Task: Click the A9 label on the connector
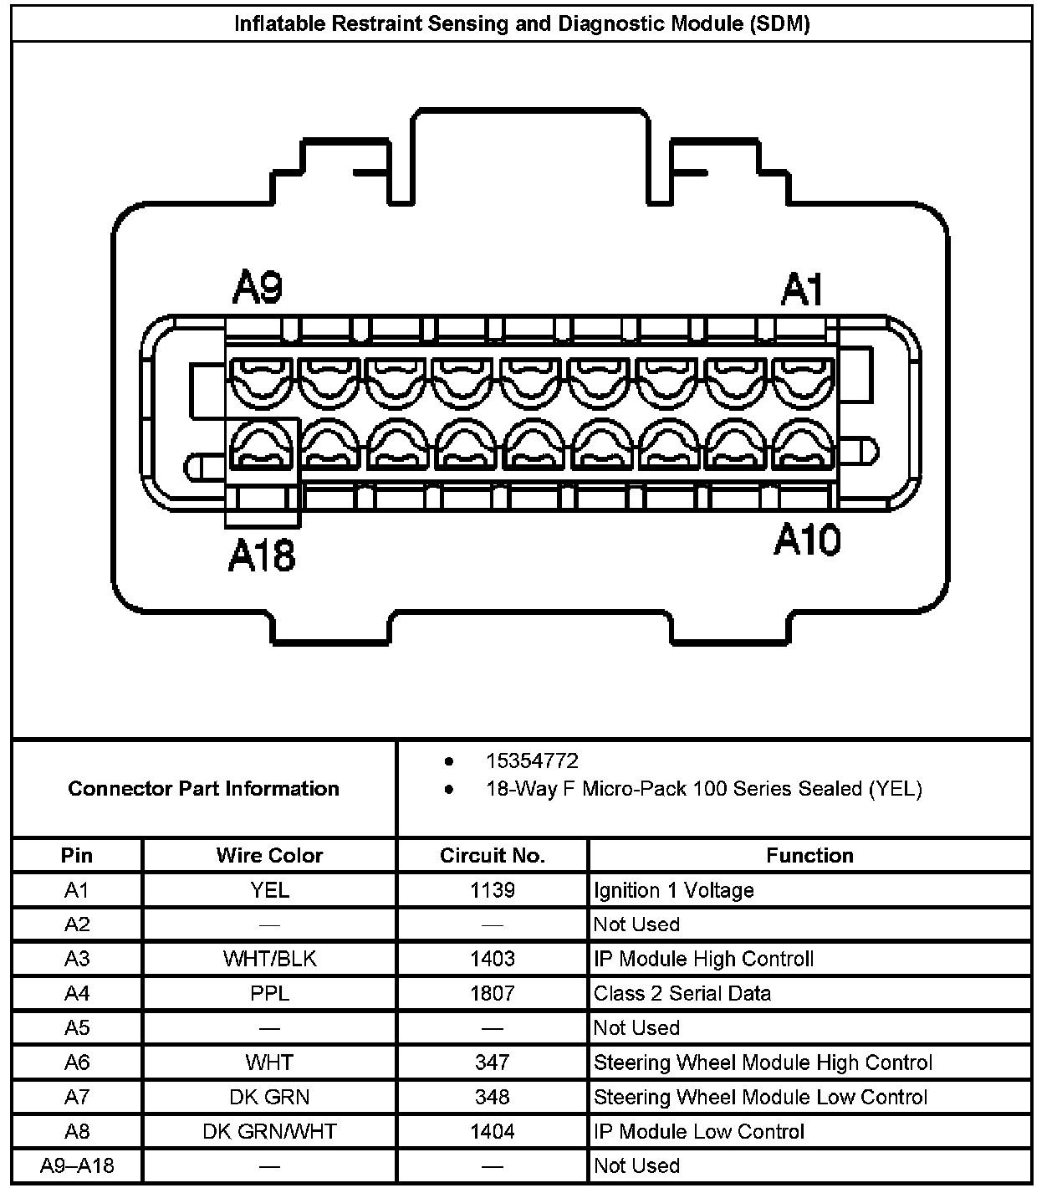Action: pyautogui.click(x=258, y=289)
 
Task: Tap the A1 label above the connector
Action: pyautogui.click(x=802, y=290)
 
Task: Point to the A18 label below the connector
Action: pyautogui.click(x=262, y=556)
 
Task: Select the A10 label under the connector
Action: pyautogui.click(x=806, y=540)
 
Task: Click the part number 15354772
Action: pyautogui.click(x=532, y=760)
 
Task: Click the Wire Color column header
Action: pyautogui.click(x=269, y=855)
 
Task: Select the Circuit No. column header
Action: pyautogui.click(x=493, y=855)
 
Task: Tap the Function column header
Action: pyautogui.click(x=809, y=855)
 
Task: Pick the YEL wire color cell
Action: pyautogui.click(x=269, y=890)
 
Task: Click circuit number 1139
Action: pyautogui.click(x=493, y=890)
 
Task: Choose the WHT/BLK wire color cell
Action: pyautogui.click(x=269, y=959)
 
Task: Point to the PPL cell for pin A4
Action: pyautogui.click(x=269, y=993)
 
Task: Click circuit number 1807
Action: pyautogui.click(x=493, y=993)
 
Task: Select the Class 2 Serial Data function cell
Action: pyautogui.click(x=682, y=993)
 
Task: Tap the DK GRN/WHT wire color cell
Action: pyautogui.click(x=269, y=1131)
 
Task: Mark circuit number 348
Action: pyautogui.click(x=493, y=1097)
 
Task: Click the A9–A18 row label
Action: pyautogui.click(x=77, y=1165)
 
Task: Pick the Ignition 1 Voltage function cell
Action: pyautogui.click(x=674, y=890)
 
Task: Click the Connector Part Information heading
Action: pyautogui.click(x=204, y=788)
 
